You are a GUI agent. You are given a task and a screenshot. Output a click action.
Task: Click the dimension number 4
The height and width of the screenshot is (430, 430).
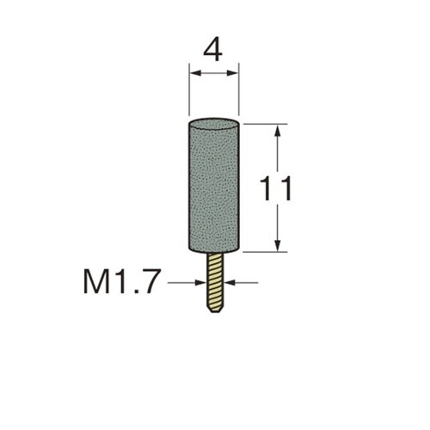click(x=212, y=52)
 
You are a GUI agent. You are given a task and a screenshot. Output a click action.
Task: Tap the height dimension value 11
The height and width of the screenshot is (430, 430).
click(x=275, y=189)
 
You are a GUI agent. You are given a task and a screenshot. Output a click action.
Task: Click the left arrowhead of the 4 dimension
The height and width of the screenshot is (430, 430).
click(x=195, y=73)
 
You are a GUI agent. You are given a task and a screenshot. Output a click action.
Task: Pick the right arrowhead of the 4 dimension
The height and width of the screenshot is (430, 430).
click(x=232, y=73)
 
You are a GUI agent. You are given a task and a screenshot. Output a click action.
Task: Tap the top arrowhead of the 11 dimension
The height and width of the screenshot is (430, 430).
click(x=277, y=131)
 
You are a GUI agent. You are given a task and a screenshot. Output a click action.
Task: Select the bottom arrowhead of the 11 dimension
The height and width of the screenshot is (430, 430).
click(x=277, y=245)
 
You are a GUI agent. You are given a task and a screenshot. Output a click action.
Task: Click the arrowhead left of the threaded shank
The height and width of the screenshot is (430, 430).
click(x=200, y=283)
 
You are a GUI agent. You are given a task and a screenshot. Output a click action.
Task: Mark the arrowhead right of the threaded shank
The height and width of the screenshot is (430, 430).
click(x=230, y=283)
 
